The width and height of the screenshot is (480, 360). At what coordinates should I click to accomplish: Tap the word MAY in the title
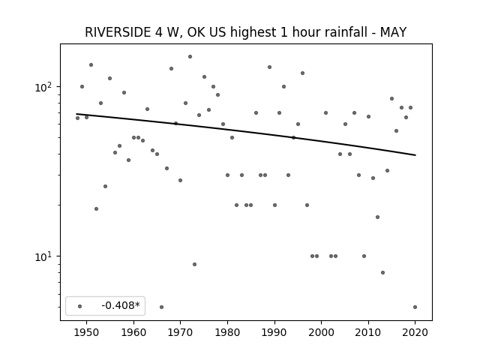pyautogui.click(x=393, y=32)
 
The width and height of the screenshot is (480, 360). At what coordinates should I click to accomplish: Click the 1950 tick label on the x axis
pyautogui.click(x=87, y=332)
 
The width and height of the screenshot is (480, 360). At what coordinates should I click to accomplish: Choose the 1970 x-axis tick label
pyautogui.click(x=180, y=332)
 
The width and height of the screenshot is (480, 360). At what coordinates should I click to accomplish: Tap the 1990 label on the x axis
pyautogui.click(x=274, y=332)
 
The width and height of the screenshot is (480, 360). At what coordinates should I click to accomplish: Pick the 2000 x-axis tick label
pyautogui.click(x=322, y=332)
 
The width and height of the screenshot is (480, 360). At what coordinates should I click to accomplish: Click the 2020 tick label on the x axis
pyautogui.click(x=415, y=332)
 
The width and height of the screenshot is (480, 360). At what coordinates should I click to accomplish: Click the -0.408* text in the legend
pyautogui.click(x=121, y=305)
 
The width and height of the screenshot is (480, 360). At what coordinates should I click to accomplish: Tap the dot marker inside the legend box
pyautogui.click(x=80, y=306)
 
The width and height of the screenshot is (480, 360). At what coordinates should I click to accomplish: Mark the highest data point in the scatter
pyautogui.click(x=190, y=57)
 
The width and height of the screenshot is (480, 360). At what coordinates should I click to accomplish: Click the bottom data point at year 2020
pyautogui.click(x=415, y=307)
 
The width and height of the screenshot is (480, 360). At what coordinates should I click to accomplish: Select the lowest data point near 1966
pyautogui.click(x=162, y=307)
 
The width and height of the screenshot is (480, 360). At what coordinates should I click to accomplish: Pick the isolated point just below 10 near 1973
pyautogui.click(x=195, y=264)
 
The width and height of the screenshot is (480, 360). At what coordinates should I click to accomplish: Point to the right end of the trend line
pyautogui.click(x=415, y=155)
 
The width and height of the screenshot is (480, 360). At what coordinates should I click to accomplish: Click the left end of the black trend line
pyautogui.click(x=76, y=114)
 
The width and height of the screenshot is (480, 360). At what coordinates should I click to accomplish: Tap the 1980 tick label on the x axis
pyautogui.click(x=227, y=332)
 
